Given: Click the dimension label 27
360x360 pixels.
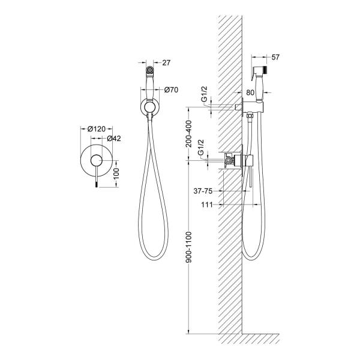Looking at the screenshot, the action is pos(166,62).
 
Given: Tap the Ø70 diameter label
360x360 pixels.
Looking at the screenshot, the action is pos(171,90).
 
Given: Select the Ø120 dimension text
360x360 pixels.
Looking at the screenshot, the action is pos(97,129).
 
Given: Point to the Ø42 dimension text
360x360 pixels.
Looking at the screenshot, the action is pos(114,139).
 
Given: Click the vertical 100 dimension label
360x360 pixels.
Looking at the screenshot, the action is pos(116,173).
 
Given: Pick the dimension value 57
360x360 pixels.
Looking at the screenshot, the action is pos(275,57).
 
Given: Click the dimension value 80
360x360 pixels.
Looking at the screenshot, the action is pos(250,92).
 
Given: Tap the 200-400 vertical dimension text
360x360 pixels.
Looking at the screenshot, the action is pos(188,134).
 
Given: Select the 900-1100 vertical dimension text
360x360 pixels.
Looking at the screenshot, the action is pos(188,247).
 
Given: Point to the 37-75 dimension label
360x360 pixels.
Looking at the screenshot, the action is pos(203,191).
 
